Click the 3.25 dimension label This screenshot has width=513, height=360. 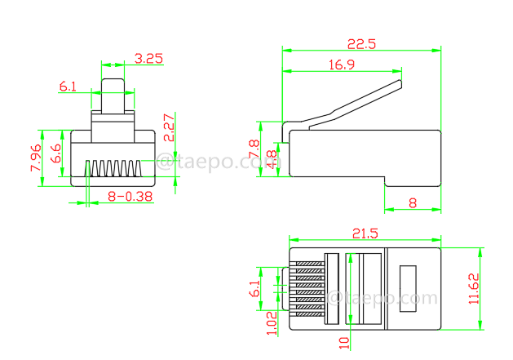coord(148,58)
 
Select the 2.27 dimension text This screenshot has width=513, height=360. coord(170,129)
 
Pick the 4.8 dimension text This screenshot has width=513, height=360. coord(271,158)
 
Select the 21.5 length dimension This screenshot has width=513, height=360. coord(364,233)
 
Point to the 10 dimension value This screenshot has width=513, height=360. coord(345,344)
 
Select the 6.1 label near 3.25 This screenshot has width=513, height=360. coord(69,86)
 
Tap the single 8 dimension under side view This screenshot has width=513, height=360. coord(412,202)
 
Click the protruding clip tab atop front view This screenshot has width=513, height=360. coord(113,96)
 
